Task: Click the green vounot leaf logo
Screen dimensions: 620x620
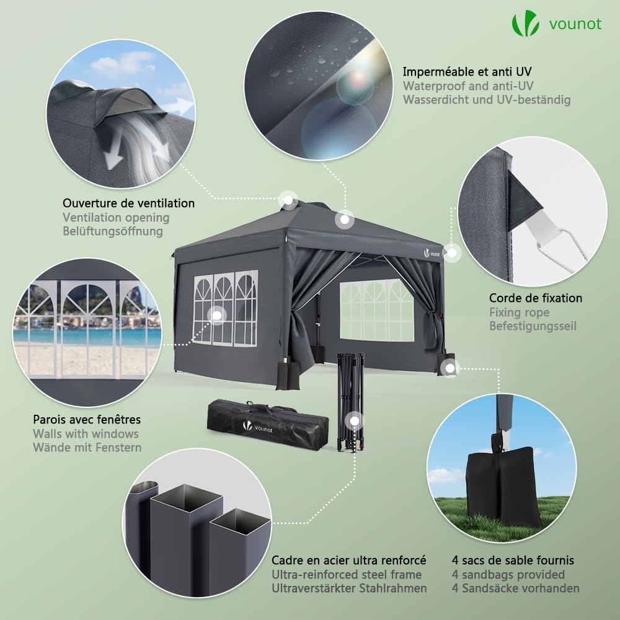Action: point(525,24)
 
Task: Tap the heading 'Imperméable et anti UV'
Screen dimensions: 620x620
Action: point(467,71)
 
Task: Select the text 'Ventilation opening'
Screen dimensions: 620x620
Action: point(116,218)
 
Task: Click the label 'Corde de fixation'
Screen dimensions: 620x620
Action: point(536,298)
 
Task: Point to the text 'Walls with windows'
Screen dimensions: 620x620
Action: point(86,433)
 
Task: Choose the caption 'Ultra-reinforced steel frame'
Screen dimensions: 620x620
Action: point(347,574)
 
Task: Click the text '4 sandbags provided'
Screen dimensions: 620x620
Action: point(508,574)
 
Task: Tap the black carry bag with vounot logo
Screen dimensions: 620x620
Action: point(268,425)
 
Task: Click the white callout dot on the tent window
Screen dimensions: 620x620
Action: point(216,316)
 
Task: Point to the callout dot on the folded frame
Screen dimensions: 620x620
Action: point(354,421)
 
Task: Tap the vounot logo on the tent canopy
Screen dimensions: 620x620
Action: point(432,253)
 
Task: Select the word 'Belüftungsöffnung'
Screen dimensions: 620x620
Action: point(113,231)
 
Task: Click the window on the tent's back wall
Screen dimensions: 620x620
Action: point(376,310)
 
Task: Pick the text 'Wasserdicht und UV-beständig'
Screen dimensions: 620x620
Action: point(487,99)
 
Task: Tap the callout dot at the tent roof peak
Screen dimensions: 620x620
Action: point(288,200)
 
